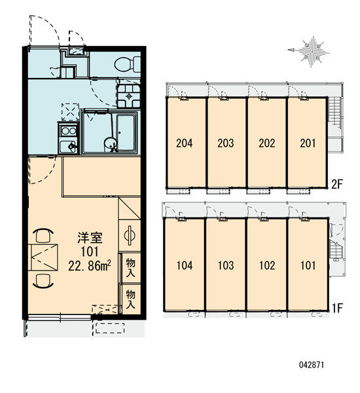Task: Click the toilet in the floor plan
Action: pyautogui.click(x=128, y=64)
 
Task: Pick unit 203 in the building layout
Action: pyautogui.click(x=226, y=142)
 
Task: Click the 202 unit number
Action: pyautogui.click(x=267, y=143)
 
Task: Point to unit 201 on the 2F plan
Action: pyautogui.click(x=308, y=142)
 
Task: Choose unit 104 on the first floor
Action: pyautogui.click(x=184, y=265)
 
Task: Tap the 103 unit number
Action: pyautogui.click(x=226, y=265)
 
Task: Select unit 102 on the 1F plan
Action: pyautogui.click(x=267, y=265)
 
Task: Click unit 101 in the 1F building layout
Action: pyautogui.click(x=308, y=265)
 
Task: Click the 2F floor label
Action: pyautogui.click(x=336, y=185)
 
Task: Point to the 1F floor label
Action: pyautogui.click(x=337, y=308)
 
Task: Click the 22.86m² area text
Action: pyautogui.click(x=90, y=266)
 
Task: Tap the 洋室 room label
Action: pyautogui.click(x=90, y=238)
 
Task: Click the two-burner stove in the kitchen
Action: pyautogui.click(x=69, y=131)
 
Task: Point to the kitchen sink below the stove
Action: pyautogui.click(x=69, y=146)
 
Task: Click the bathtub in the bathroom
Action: pyautogui.click(x=126, y=132)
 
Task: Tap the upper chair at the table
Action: pyautogui.click(x=43, y=235)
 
